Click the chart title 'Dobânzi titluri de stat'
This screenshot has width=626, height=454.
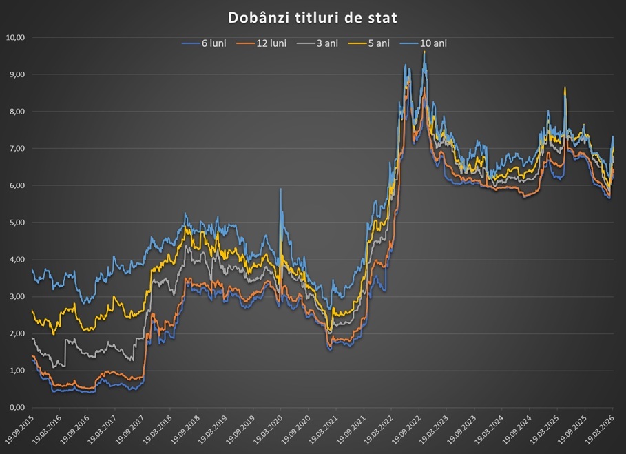pos(313,16)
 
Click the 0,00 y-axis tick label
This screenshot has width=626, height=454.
pos(16,407)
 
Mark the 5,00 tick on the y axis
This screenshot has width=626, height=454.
pos(16,223)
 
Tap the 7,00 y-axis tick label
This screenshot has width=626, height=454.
pos(16,148)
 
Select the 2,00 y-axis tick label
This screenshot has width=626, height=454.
pos(16,333)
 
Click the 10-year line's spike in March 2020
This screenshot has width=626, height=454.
pos(280,189)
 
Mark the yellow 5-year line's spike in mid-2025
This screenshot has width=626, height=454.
pos(565,88)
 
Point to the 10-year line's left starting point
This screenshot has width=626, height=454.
pos(32,270)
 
